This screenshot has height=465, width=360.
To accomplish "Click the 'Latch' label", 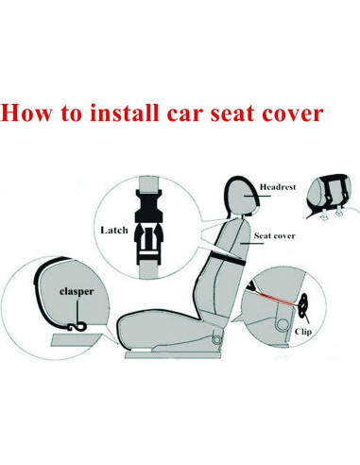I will (113, 230).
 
